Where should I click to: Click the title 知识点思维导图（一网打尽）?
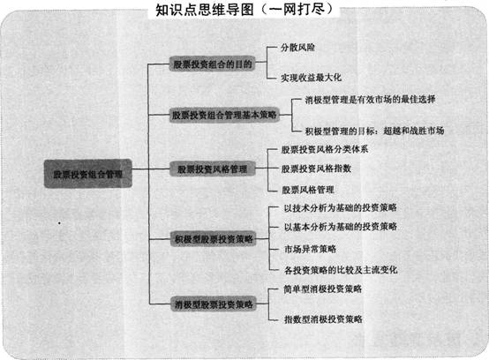244,10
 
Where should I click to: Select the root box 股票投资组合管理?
88,174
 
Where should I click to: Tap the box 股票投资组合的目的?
213,64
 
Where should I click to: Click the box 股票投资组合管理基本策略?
224,115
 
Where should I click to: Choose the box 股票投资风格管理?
213,169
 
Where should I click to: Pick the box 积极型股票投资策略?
214,239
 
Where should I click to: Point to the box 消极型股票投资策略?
214,304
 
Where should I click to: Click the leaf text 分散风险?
297,48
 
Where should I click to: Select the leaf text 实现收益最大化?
311,78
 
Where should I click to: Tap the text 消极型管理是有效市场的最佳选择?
370,100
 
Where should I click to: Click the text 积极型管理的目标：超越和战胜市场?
374,131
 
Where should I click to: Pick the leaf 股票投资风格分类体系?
325,149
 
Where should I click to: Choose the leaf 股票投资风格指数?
316,169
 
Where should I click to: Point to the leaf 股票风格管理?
308,190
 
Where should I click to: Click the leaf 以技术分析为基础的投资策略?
340,207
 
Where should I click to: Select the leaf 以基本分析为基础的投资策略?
341,227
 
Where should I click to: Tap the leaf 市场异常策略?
311,249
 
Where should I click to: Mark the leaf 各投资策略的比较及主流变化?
341,270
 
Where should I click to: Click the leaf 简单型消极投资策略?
322,289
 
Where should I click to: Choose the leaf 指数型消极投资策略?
323,319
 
